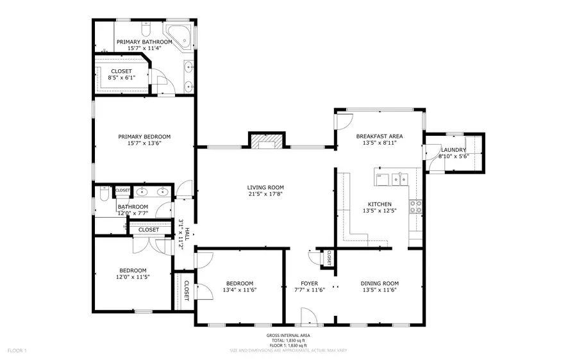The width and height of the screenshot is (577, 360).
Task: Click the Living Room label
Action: point(265,187)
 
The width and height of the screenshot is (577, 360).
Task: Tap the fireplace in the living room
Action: point(265,141)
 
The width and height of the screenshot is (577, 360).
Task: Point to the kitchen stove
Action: point(415,206)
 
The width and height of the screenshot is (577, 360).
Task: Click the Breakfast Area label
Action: point(379,136)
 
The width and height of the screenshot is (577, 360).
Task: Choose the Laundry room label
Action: point(453,150)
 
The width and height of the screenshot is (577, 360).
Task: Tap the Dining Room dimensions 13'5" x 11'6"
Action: point(379,290)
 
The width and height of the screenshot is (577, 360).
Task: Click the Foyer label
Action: point(310,283)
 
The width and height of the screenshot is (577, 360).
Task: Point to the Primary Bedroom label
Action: point(144,136)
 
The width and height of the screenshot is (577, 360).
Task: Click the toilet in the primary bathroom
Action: point(146,30)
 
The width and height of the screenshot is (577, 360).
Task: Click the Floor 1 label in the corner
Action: point(16,350)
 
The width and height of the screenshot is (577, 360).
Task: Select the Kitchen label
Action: point(379,204)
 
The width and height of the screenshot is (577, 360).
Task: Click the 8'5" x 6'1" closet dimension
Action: point(121,78)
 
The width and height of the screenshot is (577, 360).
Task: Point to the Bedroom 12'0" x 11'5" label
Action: point(133,270)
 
